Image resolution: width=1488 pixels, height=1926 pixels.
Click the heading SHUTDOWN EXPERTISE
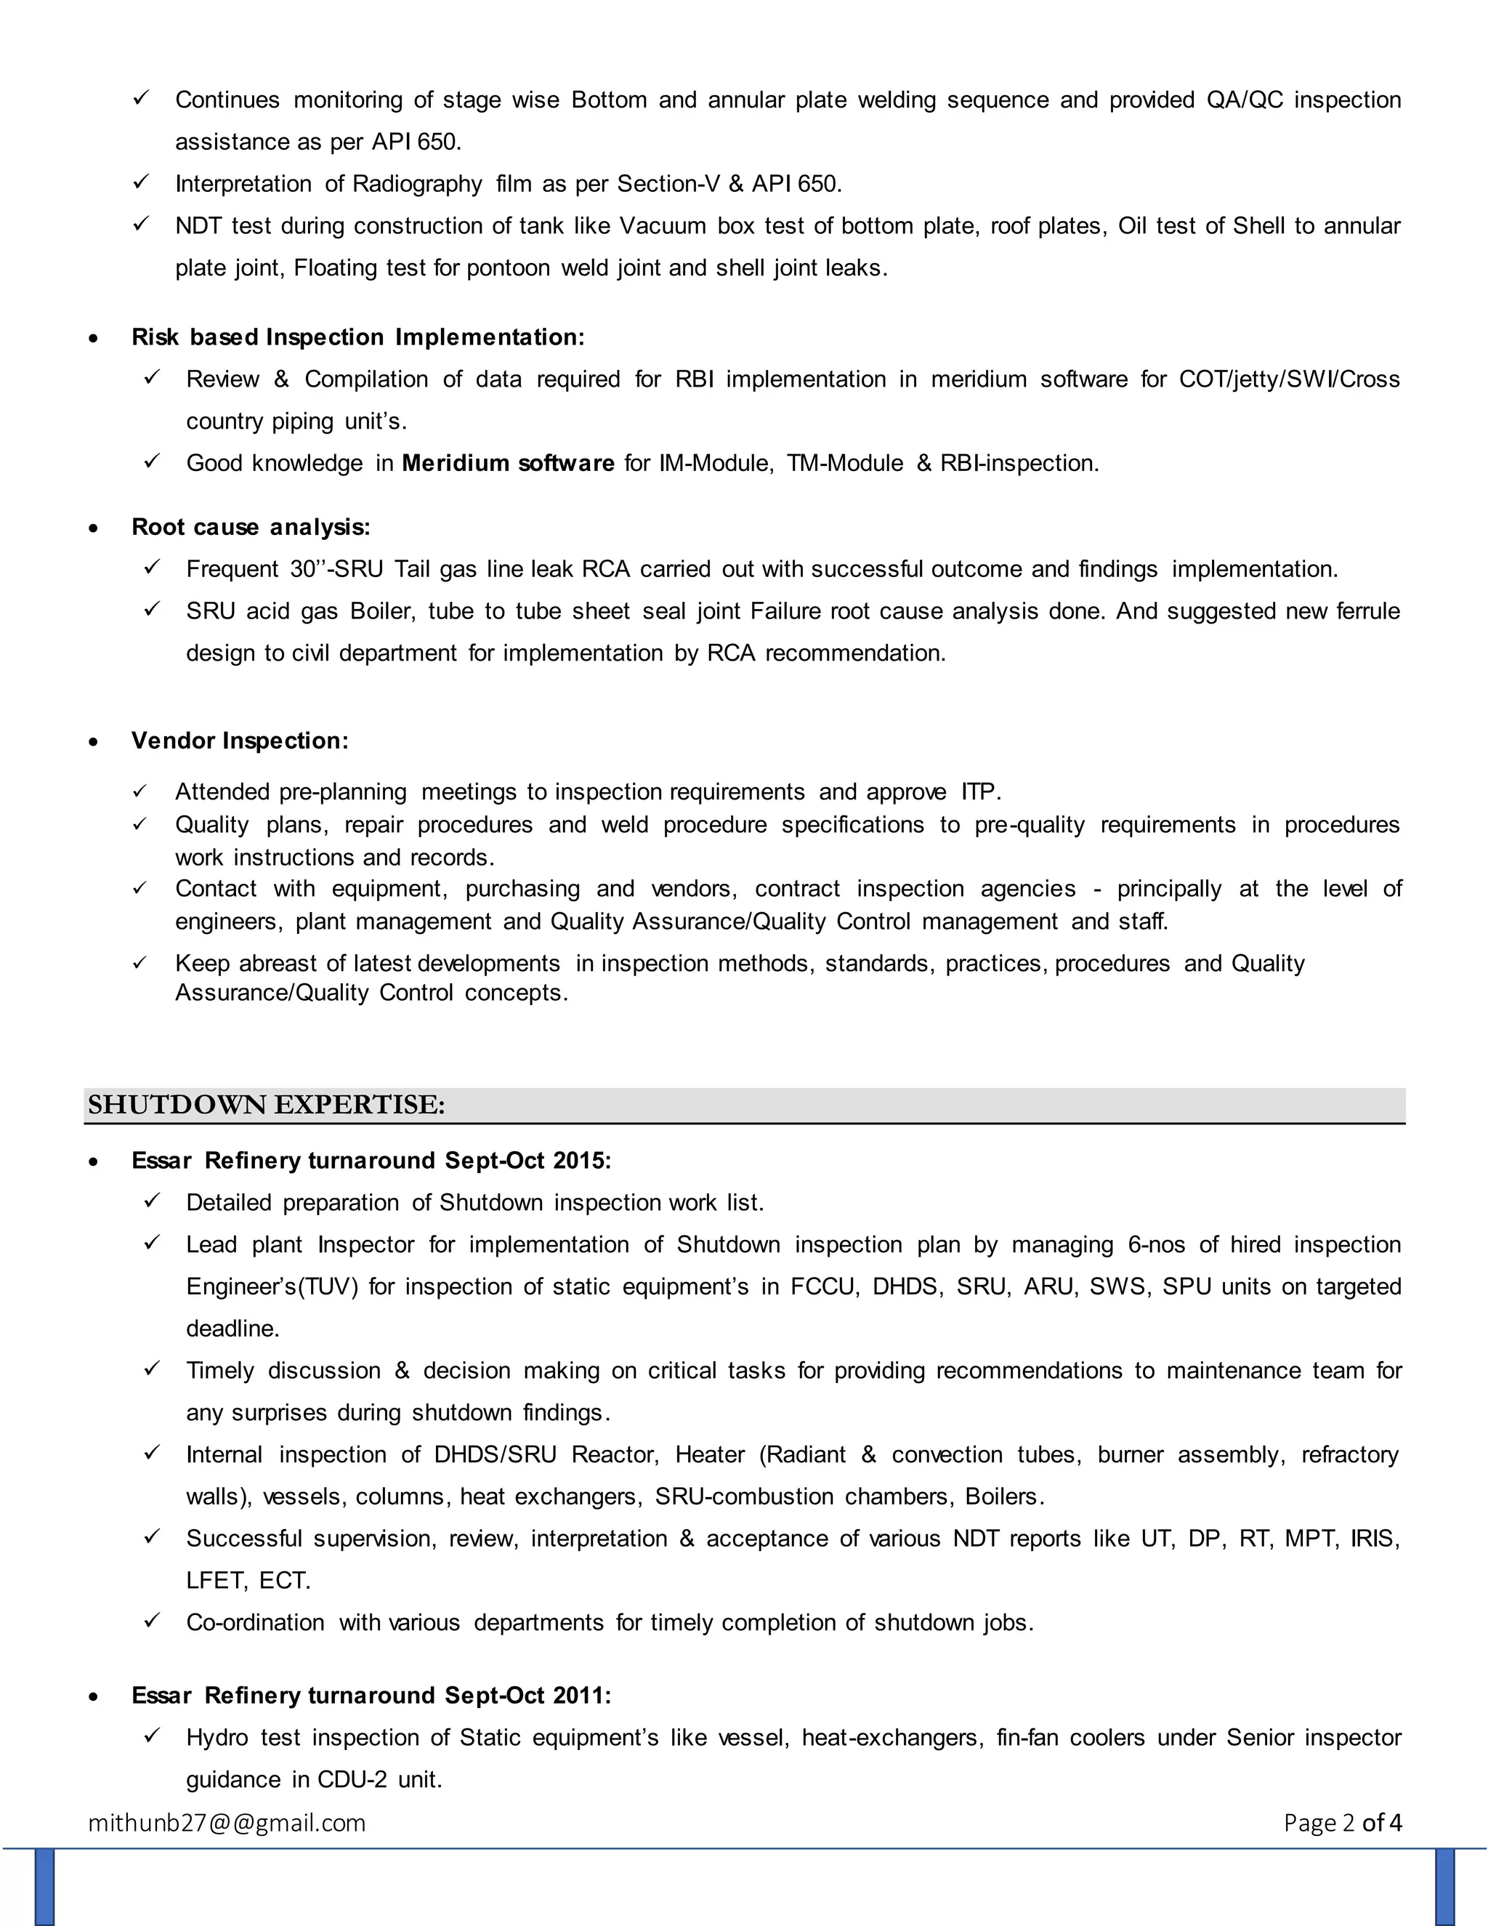pyautogui.click(x=266, y=1104)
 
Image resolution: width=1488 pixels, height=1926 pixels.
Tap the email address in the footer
pyautogui.click(x=227, y=1822)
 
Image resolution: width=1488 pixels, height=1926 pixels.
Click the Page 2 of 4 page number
pyautogui.click(x=1342, y=1822)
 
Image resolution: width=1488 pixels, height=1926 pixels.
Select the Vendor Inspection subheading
pyautogui.click(x=240, y=741)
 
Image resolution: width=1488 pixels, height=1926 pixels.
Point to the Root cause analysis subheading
pyautogui.click(x=251, y=528)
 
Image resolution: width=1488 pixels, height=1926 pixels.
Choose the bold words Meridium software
pyautogui.click(x=508, y=463)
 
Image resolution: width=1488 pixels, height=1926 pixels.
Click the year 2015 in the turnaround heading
pyautogui.click(x=581, y=1161)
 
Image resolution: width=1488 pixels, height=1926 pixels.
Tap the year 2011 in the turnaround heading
pyautogui.click(x=581, y=1695)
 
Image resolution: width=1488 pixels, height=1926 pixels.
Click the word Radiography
pyautogui.click(x=417, y=183)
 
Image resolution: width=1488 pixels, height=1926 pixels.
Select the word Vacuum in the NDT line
pyautogui.click(x=662, y=226)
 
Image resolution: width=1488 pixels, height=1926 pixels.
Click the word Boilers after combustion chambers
pyautogui.click(x=1004, y=1496)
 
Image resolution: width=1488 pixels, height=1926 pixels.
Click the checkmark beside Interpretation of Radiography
pyautogui.click(x=141, y=182)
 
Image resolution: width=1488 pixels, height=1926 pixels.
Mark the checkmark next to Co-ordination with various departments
pyautogui.click(x=152, y=1621)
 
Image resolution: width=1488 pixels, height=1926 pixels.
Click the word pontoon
pyautogui.click(x=509, y=268)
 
